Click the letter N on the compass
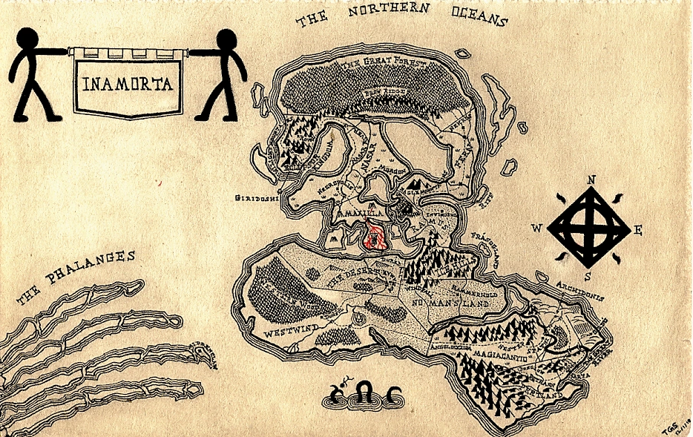coord(591,180)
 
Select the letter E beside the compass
coord(638,231)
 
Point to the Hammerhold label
coord(479,287)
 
